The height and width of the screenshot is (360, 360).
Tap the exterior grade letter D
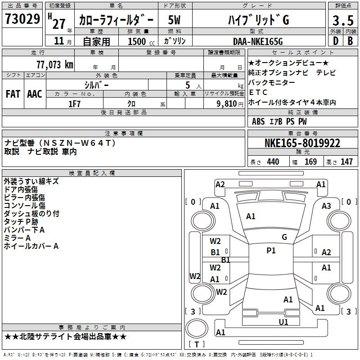pos(335,41)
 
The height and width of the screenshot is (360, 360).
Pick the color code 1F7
pos(74,103)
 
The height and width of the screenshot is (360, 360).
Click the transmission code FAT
pos(13,94)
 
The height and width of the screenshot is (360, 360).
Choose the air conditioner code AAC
pos(34,94)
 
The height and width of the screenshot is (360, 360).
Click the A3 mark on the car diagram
pos(326,206)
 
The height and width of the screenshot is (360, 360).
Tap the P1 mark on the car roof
pos(271,251)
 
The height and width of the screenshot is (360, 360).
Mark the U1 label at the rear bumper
pos(283,322)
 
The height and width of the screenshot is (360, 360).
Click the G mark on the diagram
pos(284,237)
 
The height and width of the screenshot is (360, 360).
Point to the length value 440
pos(273,162)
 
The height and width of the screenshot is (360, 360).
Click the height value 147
pos(346,162)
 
